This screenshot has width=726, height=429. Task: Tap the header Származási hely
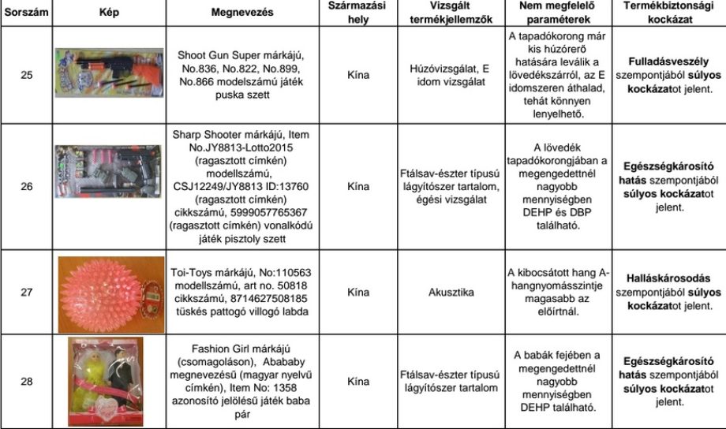pos(357,13)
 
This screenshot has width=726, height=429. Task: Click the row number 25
pos(26,76)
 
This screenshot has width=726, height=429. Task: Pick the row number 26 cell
pos(26,187)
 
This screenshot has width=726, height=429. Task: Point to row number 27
pos(26,292)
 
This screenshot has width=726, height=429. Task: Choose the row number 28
pos(26,382)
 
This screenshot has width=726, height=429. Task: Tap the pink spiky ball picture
pos(110,293)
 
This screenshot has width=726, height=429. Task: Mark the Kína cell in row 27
pos(357,292)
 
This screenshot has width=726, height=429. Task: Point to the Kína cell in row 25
pos(357,76)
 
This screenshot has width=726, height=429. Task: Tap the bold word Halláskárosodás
pos(669,278)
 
